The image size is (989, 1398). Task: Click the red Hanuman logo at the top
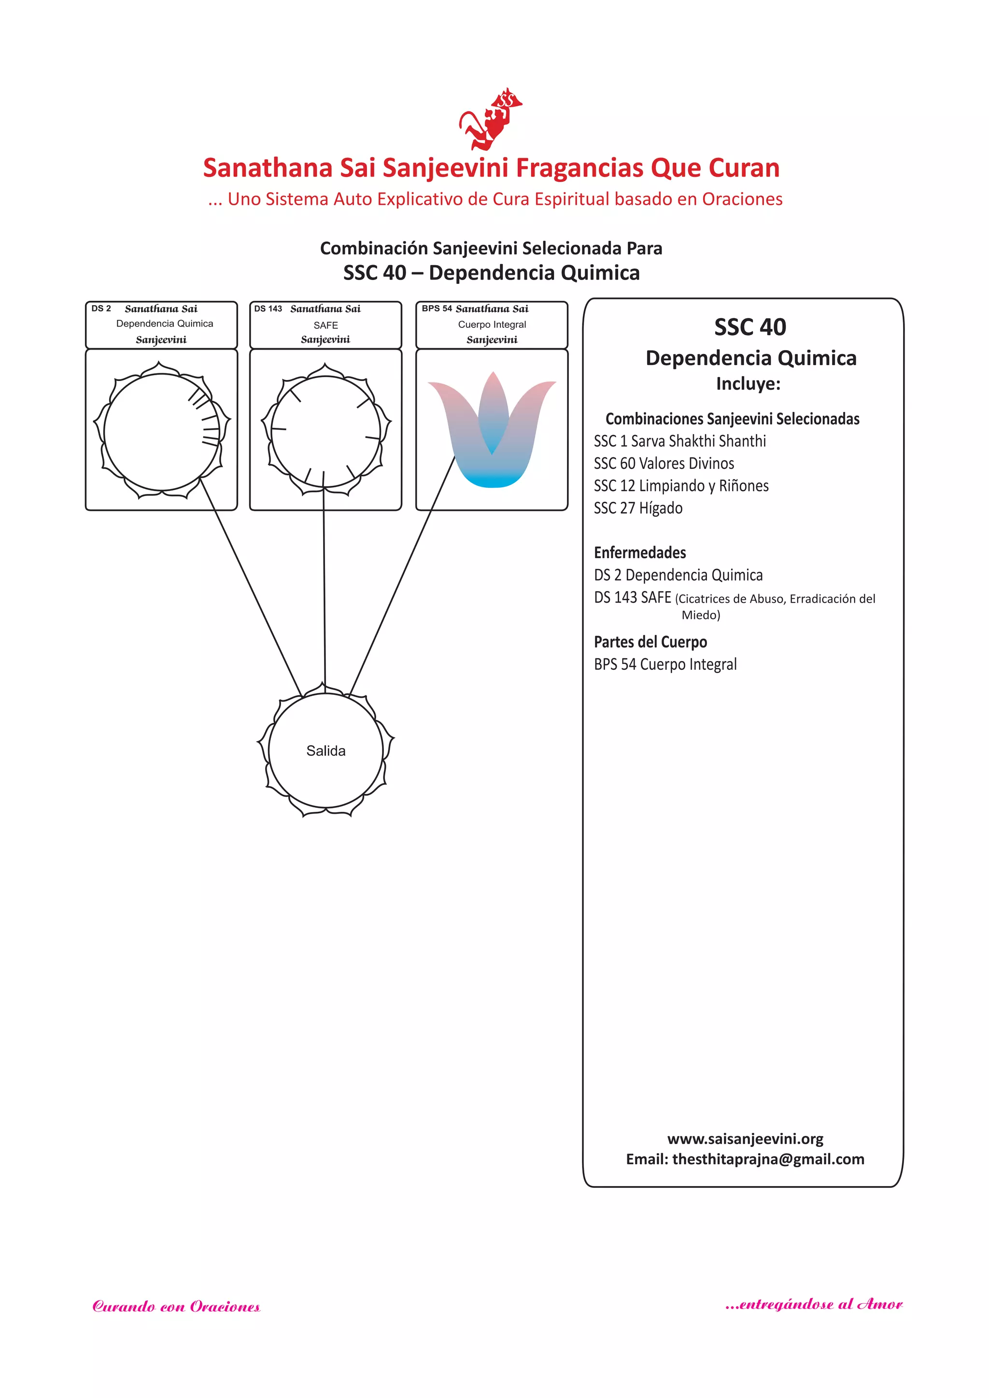(x=490, y=119)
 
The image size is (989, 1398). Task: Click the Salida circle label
(x=326, y=751)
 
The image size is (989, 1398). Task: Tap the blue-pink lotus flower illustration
(x=492, y=429)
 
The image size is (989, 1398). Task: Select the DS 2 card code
(x=101, y=309)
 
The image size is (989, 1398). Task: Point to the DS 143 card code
(x=268, y=309)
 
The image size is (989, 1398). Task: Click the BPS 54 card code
(x=437, y=309)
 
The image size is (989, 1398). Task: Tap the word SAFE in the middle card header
(x=326, y=325)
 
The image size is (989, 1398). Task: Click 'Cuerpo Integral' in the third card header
(x=492, y=325)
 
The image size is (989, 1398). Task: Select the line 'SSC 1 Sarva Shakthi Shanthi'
(x=679, y=441)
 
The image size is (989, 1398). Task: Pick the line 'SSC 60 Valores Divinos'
(x=664, y=464)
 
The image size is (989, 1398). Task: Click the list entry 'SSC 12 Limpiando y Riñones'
(x=681, y=486)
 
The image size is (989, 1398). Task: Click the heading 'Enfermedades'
(x=640, y=553)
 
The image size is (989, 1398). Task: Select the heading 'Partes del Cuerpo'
(x=650, y=642)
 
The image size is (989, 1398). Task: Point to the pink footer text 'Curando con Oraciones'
(x=176, y=1307)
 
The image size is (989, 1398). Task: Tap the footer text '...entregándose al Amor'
(x=814, y=1304)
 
